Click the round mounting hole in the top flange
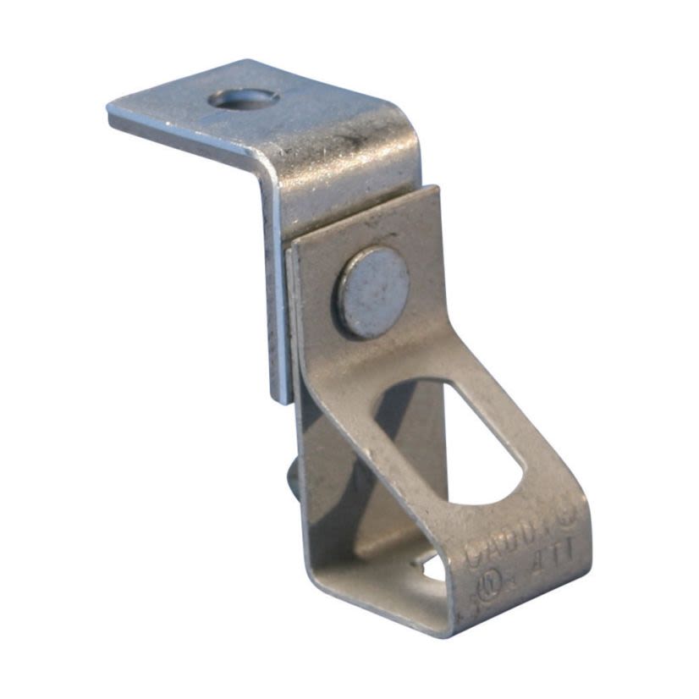point(244,99)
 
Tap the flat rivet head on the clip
point(374,293)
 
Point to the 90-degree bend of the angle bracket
point(271,169)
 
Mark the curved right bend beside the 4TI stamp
point(584,542)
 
